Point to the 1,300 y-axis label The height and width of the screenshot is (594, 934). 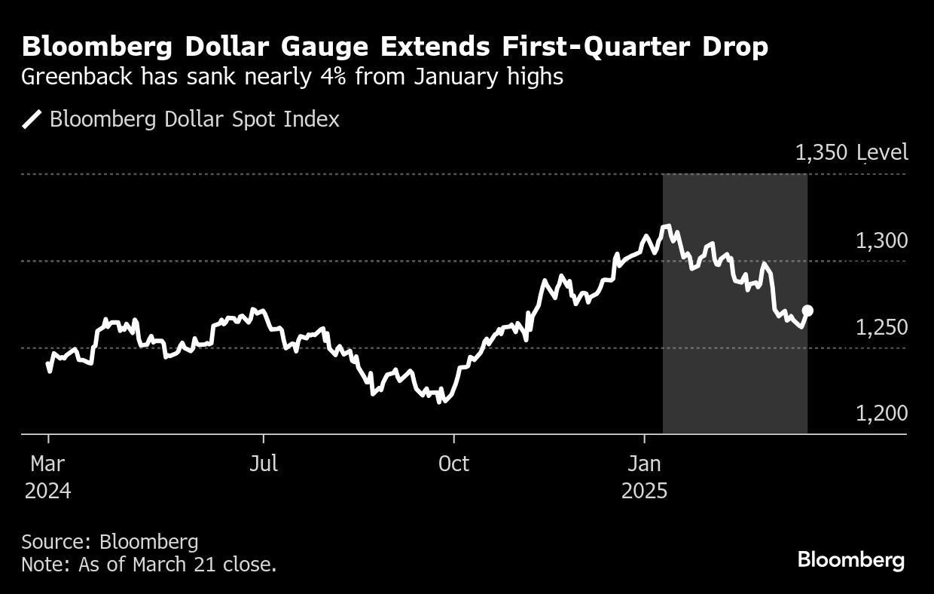click(881, 241)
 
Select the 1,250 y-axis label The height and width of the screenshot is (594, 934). click(881, 328)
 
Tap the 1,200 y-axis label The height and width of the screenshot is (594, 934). click(881, 413)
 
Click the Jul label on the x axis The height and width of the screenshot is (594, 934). click(264, 463)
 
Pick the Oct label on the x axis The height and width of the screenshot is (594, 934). click(453, 463)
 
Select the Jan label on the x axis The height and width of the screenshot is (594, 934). click(644, 463)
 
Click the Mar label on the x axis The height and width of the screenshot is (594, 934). click(48, 463)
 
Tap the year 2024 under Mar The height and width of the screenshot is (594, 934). click(48, 491)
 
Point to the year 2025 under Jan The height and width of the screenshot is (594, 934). click(644, 491)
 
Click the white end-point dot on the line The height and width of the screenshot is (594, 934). click(807, 311)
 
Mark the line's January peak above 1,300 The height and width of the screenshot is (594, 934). click(666, 226)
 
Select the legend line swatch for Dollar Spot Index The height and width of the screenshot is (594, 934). click(32, 120)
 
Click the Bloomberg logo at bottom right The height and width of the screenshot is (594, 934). click(851, 560)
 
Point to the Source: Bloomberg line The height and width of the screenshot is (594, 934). click(110, 541)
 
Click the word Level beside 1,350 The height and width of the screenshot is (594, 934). click(885, 153)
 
